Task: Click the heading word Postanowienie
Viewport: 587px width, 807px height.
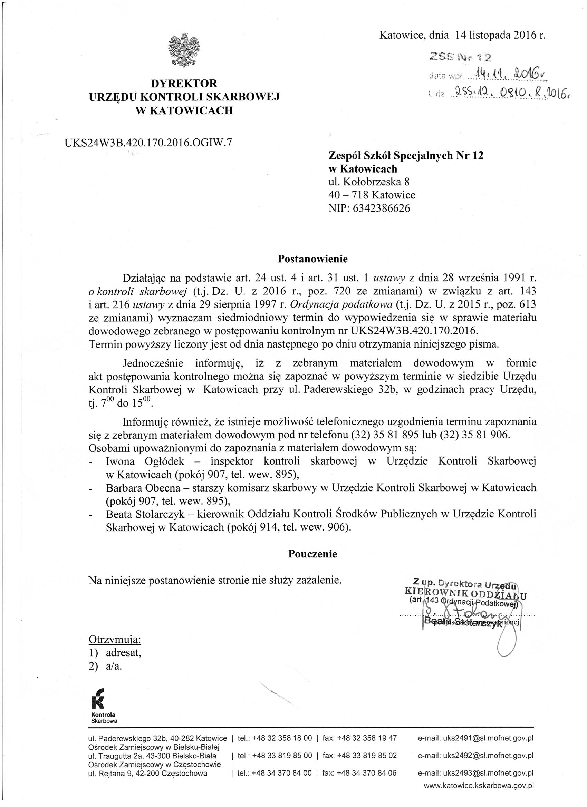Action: click(312, 259)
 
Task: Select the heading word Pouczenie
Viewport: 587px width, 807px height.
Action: click(312, 554)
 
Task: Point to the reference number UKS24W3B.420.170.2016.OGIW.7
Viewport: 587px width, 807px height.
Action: click(148, 143)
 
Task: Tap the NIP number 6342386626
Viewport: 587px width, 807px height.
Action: click(381, 208)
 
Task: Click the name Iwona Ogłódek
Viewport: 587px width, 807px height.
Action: click(145, 461)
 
